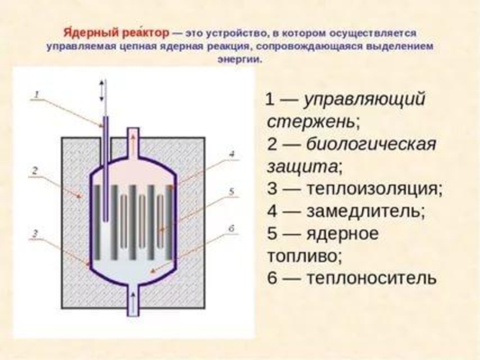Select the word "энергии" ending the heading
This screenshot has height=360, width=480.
coord(240,61)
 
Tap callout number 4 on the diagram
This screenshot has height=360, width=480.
coord(231,154)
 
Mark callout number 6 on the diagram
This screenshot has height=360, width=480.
coord(231,227)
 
